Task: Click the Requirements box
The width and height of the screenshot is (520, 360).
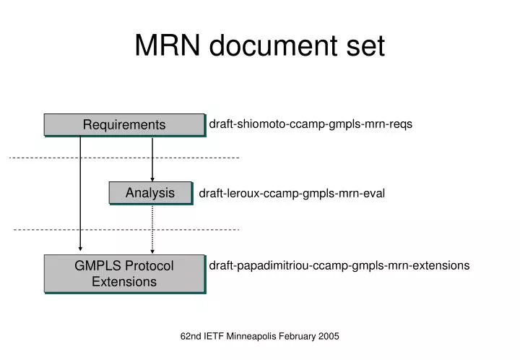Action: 124,124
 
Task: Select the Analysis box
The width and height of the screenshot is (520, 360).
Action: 150,192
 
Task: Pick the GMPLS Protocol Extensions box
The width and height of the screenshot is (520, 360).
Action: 124,273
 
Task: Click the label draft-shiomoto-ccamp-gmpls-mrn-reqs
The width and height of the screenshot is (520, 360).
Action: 311,124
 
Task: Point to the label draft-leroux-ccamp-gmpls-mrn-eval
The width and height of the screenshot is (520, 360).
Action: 292,193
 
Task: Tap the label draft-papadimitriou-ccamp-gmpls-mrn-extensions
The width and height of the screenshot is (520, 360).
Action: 339,265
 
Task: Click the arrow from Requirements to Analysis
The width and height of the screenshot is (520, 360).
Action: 152,159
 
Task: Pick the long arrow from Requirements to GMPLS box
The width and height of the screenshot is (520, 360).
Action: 80,195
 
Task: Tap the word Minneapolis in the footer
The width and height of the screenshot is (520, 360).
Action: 258,336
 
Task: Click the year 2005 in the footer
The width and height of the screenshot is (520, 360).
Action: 327,336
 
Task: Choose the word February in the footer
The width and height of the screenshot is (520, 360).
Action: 298,336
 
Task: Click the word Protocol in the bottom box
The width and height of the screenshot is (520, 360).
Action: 149,266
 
